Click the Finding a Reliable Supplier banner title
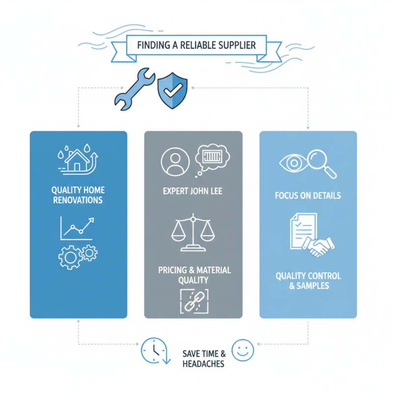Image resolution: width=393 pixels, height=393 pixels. pos(196,45)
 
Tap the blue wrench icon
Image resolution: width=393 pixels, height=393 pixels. pos(135,89)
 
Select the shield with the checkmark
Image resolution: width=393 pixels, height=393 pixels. pos(172,90)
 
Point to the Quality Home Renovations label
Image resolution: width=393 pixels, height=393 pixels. pos(78,195)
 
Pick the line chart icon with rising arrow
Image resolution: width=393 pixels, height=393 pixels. pos(77,228)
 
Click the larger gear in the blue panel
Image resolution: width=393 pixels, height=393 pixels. pos(70,257)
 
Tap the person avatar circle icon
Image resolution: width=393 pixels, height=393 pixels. pos(175,162)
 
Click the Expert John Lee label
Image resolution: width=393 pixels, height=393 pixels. pos(193,191)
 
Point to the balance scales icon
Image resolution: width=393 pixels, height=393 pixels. pos(193,232)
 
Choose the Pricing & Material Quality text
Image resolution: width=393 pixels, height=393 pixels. pos(194,275)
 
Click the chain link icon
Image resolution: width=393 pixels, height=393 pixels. pos(194,302)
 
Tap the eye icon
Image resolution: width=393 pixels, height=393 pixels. pos(293,163)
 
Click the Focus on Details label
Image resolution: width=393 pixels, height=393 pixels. pos(308,196)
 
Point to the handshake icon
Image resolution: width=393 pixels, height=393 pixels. pos(318,247)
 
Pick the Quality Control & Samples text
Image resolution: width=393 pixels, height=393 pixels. pos(309,281)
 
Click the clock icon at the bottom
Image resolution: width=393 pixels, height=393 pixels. pos(154,350)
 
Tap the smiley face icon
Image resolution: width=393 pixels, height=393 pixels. pos(243,350)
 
